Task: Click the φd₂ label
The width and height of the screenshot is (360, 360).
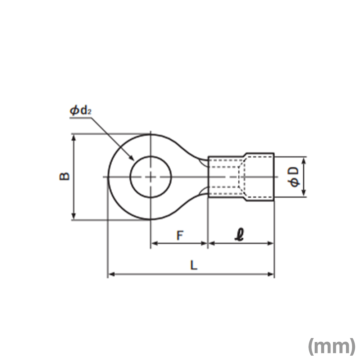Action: [x=81, y=111]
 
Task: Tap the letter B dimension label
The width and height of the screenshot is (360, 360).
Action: [x=64, y=176]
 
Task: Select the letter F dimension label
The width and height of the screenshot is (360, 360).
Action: [x=180, y=235]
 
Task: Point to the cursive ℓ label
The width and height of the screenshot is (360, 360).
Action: [x=240, y=235]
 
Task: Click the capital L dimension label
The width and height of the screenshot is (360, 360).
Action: [x=194, y=265]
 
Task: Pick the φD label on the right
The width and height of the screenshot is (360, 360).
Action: [x=294, y=177]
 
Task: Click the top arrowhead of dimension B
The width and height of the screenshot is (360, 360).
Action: [x=73, y=138]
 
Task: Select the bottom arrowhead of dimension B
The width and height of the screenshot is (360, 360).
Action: [x=73, y=216]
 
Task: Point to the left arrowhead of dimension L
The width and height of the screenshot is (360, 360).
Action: [x=111, y=274]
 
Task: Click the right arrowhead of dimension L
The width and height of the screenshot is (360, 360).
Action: [x=270, y=274]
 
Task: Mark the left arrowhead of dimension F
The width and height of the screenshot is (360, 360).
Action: [x=154, y=243]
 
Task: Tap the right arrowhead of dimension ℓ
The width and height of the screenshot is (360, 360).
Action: [x=270, y=243]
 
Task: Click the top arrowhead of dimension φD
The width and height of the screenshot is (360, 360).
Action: [x=304, y=161]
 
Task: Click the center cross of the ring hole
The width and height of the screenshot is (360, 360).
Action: [x=150, y=177]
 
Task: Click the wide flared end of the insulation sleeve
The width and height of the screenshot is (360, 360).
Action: [x=260, y=177]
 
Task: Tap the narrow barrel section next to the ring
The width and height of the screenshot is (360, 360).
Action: [x=226, y=177]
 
